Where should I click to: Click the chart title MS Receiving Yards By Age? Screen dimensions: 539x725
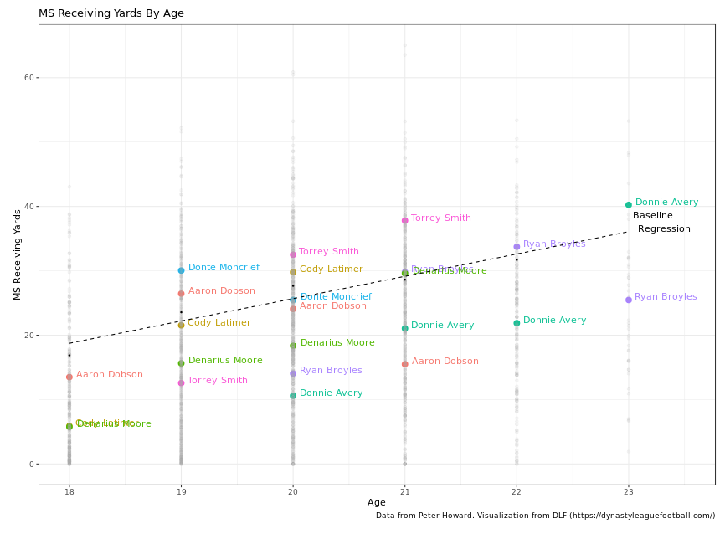tap(111, 13)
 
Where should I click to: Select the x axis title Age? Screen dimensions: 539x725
tap(377, 503)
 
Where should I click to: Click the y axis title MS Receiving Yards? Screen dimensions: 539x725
tap(17, 254)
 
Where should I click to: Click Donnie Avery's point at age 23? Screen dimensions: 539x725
tap(629, 205)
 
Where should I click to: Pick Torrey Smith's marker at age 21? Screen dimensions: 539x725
tap(405, 221)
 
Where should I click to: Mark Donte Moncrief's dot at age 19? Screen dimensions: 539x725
tap(181, 270)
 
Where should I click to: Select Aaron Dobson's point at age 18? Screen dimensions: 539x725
tap(69, 377)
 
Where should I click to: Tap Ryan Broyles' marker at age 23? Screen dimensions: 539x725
tap(629, 300)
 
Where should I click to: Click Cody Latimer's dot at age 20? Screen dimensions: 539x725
tap(293, 272)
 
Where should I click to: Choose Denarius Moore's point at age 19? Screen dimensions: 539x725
tap(181, 363)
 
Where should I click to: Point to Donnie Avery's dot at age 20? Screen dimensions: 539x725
tap(293, 396)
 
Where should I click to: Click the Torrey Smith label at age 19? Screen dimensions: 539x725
tap(218, 381)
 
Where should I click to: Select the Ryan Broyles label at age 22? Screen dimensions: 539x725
tap(554, 244)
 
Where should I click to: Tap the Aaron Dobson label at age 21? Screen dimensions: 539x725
tap(445, 362)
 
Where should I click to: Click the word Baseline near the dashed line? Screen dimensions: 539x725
tap(653, 216)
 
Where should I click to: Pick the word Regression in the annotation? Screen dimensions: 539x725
tap(664, 229)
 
